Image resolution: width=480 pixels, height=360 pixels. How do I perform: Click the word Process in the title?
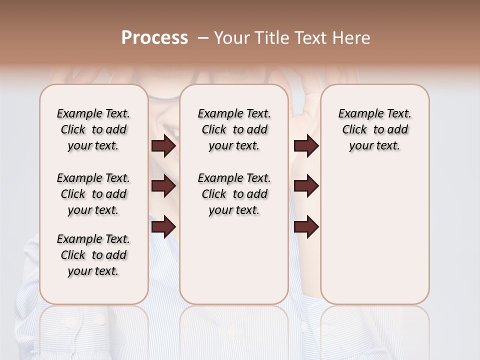(154, 38)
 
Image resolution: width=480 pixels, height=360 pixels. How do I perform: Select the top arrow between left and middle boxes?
(163, 146)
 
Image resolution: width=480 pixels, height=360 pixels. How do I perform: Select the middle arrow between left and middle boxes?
(163, 186)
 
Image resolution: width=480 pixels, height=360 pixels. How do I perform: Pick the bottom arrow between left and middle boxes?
(163, 226)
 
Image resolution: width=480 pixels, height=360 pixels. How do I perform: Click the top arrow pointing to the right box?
(306, 146)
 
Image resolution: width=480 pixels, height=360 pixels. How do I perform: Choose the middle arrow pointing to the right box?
(306, 186)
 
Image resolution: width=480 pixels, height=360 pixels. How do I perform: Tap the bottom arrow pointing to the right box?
(306, 226)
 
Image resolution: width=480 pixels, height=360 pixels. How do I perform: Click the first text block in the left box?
(93, 129)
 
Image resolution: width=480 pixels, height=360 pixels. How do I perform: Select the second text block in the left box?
(93, 194)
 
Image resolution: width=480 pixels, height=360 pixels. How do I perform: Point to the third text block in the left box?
(93, 255)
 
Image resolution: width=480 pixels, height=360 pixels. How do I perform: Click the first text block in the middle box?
(234, 129)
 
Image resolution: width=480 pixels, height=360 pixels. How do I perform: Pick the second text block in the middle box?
(234, 194)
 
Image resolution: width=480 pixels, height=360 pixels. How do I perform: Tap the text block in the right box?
(374, 129)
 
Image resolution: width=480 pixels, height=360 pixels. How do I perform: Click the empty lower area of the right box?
(374, 235)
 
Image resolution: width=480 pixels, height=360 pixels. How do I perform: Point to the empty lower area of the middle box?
(234, 260)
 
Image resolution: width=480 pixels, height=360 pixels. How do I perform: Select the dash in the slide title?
(203, 38)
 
